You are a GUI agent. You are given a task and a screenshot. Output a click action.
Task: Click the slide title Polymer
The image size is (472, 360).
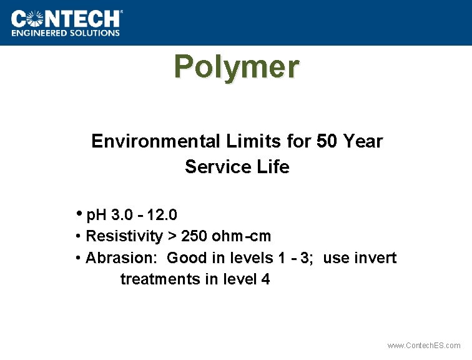[237, 66]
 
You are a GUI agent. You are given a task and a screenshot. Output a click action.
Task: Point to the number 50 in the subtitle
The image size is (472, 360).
[327, 141]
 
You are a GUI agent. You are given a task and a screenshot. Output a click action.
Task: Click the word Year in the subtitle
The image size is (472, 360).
[362, 141]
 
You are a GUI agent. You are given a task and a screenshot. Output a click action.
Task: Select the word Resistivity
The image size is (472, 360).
[124, 237]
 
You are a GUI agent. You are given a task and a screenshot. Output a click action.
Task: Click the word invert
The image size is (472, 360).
[375, 258]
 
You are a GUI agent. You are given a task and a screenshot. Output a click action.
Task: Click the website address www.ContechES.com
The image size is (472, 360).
[424, 346]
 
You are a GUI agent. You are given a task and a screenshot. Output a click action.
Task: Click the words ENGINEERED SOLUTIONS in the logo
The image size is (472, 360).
[65, 33]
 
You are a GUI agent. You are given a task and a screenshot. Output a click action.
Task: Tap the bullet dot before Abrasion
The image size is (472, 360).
[77, 258]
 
